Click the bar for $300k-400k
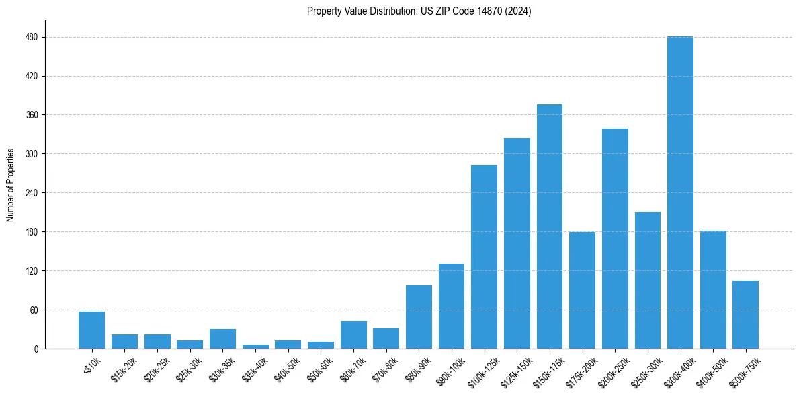[680, 192]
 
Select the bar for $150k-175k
[549, 227]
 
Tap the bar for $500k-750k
[745, 315]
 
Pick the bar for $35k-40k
[255, 347]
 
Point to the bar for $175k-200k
[582, 291]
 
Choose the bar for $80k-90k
[419, 317]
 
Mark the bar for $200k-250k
[615, 239]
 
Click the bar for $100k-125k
[484, 257]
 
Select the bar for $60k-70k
[353, 335]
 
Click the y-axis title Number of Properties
[11, 185]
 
